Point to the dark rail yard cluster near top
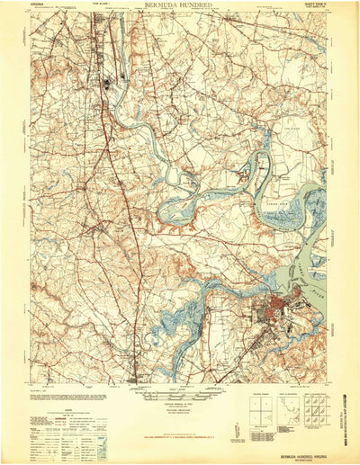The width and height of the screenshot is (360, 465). [x=108, y=85]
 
